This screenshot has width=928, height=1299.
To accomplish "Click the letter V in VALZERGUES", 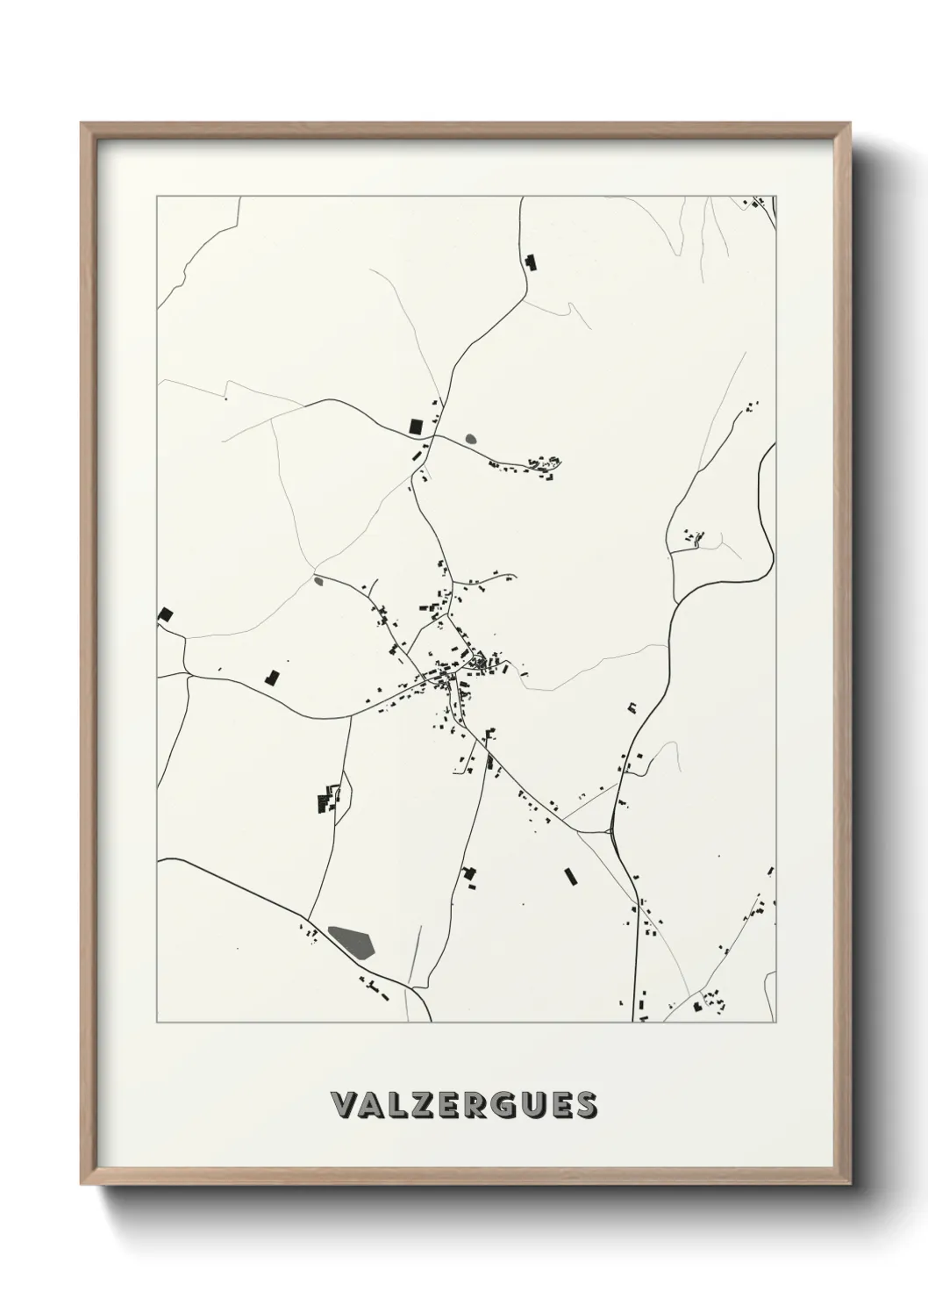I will pos(345,1105).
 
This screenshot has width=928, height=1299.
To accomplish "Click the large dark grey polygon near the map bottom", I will pos(353,941).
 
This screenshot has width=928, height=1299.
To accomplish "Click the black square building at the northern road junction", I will pos(416,427).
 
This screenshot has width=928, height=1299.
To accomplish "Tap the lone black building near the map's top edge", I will pos(529,262).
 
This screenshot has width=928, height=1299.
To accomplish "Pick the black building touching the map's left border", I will pos(164,614).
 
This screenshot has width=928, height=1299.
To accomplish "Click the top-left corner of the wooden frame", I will pos(82,124).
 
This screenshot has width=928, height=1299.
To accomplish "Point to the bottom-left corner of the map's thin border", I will pos(157,1023).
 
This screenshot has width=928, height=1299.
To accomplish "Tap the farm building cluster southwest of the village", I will pos(326,800).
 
